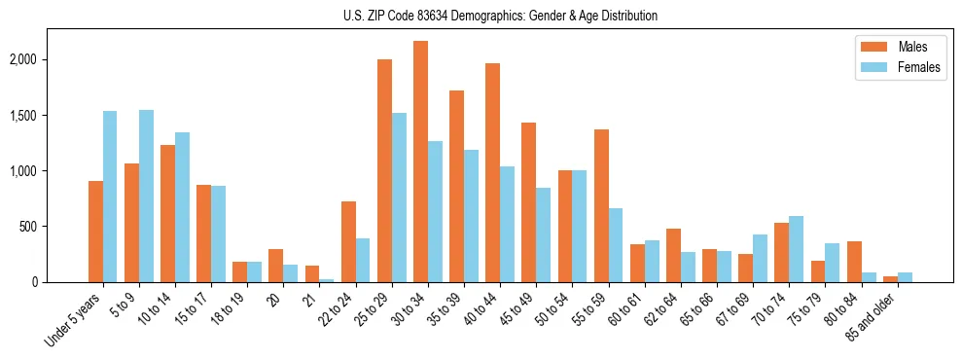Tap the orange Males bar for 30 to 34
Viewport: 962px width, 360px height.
coord(420,162)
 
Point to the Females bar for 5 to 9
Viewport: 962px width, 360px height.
coord(146,196)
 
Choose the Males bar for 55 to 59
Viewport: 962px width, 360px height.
coord(601,205)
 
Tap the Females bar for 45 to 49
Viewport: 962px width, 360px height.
coord(543,234)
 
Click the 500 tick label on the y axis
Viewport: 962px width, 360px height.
coord(55,227)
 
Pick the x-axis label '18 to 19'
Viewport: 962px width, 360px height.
coord(229,309)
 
